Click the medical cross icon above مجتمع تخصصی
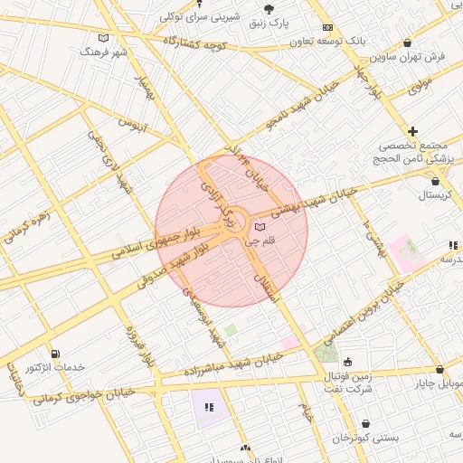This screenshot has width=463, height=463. click(x=413, y=132)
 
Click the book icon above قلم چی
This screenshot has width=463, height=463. click(x=260, y=227)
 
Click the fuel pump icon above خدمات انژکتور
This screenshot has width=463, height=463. click(x=56, y=354)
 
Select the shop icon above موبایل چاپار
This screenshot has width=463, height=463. click(x=439, y=369)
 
